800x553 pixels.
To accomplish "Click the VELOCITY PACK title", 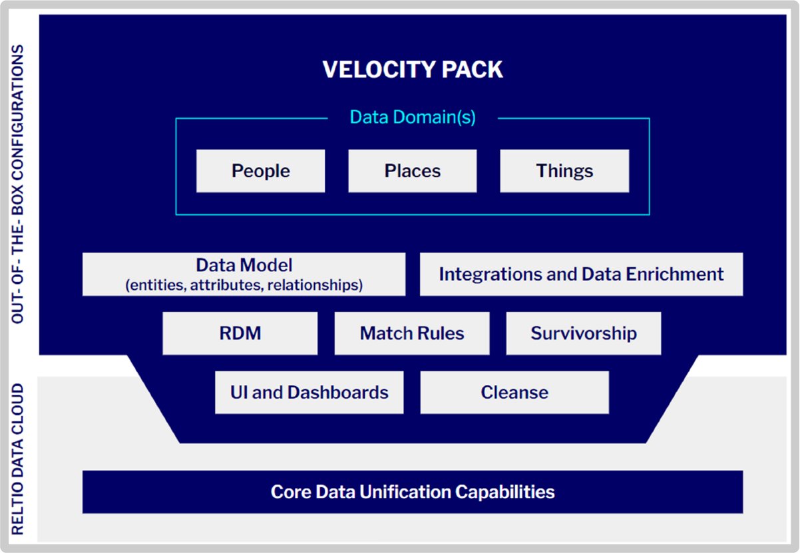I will (x=413, y=70).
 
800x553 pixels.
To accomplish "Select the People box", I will (x=260, y=171).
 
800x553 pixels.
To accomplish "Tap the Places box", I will (x=412, y=171).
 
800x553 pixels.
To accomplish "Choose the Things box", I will (x=564, y=171).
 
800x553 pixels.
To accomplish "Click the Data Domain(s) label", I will (x=413, y=118).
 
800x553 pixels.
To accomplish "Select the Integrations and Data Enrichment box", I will (x=581, y=274).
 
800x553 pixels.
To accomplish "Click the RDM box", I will (x=240, y=333).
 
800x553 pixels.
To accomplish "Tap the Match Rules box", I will (x=412, y=333).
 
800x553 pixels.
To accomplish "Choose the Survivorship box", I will (x=584, y=333).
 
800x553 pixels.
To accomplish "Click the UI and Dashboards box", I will (x=309, y=392).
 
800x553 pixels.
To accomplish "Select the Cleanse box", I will (x=514, y=392).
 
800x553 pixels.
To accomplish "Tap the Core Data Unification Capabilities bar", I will (x=413, y=492).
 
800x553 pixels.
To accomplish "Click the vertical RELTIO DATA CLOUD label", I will (x=18, y=459).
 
